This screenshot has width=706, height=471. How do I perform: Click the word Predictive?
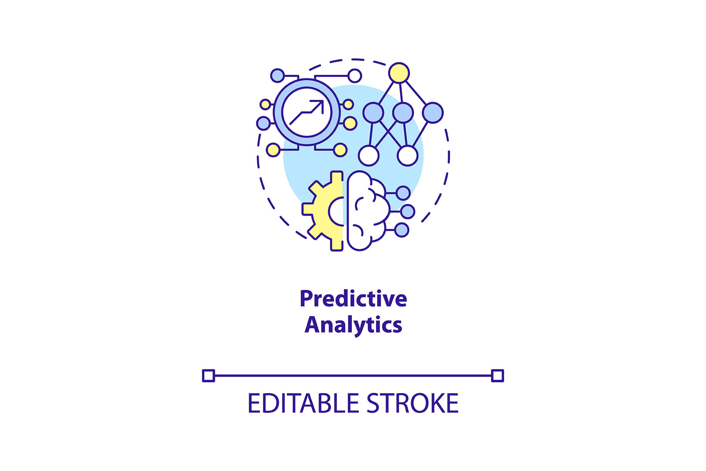coord(353,299)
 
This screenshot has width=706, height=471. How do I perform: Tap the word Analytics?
coord(353,325)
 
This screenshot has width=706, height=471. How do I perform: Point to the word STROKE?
coord(412,403)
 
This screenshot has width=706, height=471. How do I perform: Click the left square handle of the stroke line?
coord(208,376)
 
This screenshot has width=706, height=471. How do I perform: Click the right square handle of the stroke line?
coord(497,376)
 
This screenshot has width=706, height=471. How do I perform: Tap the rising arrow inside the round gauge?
coord(307,112)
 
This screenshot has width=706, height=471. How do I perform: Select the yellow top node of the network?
coord(399,73)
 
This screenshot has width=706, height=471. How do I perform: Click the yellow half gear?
coord(323,211)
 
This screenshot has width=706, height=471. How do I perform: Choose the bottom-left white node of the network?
coord(369,156)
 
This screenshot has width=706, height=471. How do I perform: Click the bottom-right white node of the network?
coord(407,156)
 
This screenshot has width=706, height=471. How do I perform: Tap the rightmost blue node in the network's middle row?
coord(433,113)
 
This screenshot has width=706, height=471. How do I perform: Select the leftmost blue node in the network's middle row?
coord(373,113)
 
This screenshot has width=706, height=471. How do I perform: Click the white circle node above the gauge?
coord(355,76)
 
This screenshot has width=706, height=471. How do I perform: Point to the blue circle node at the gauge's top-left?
coord(277,75)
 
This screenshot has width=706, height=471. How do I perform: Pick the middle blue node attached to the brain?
coord(407,211)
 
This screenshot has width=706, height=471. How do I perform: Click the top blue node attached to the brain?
coord(403,193)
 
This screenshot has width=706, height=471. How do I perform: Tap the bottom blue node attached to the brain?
coord(402,230)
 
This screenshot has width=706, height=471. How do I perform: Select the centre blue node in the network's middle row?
coord(403,113)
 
